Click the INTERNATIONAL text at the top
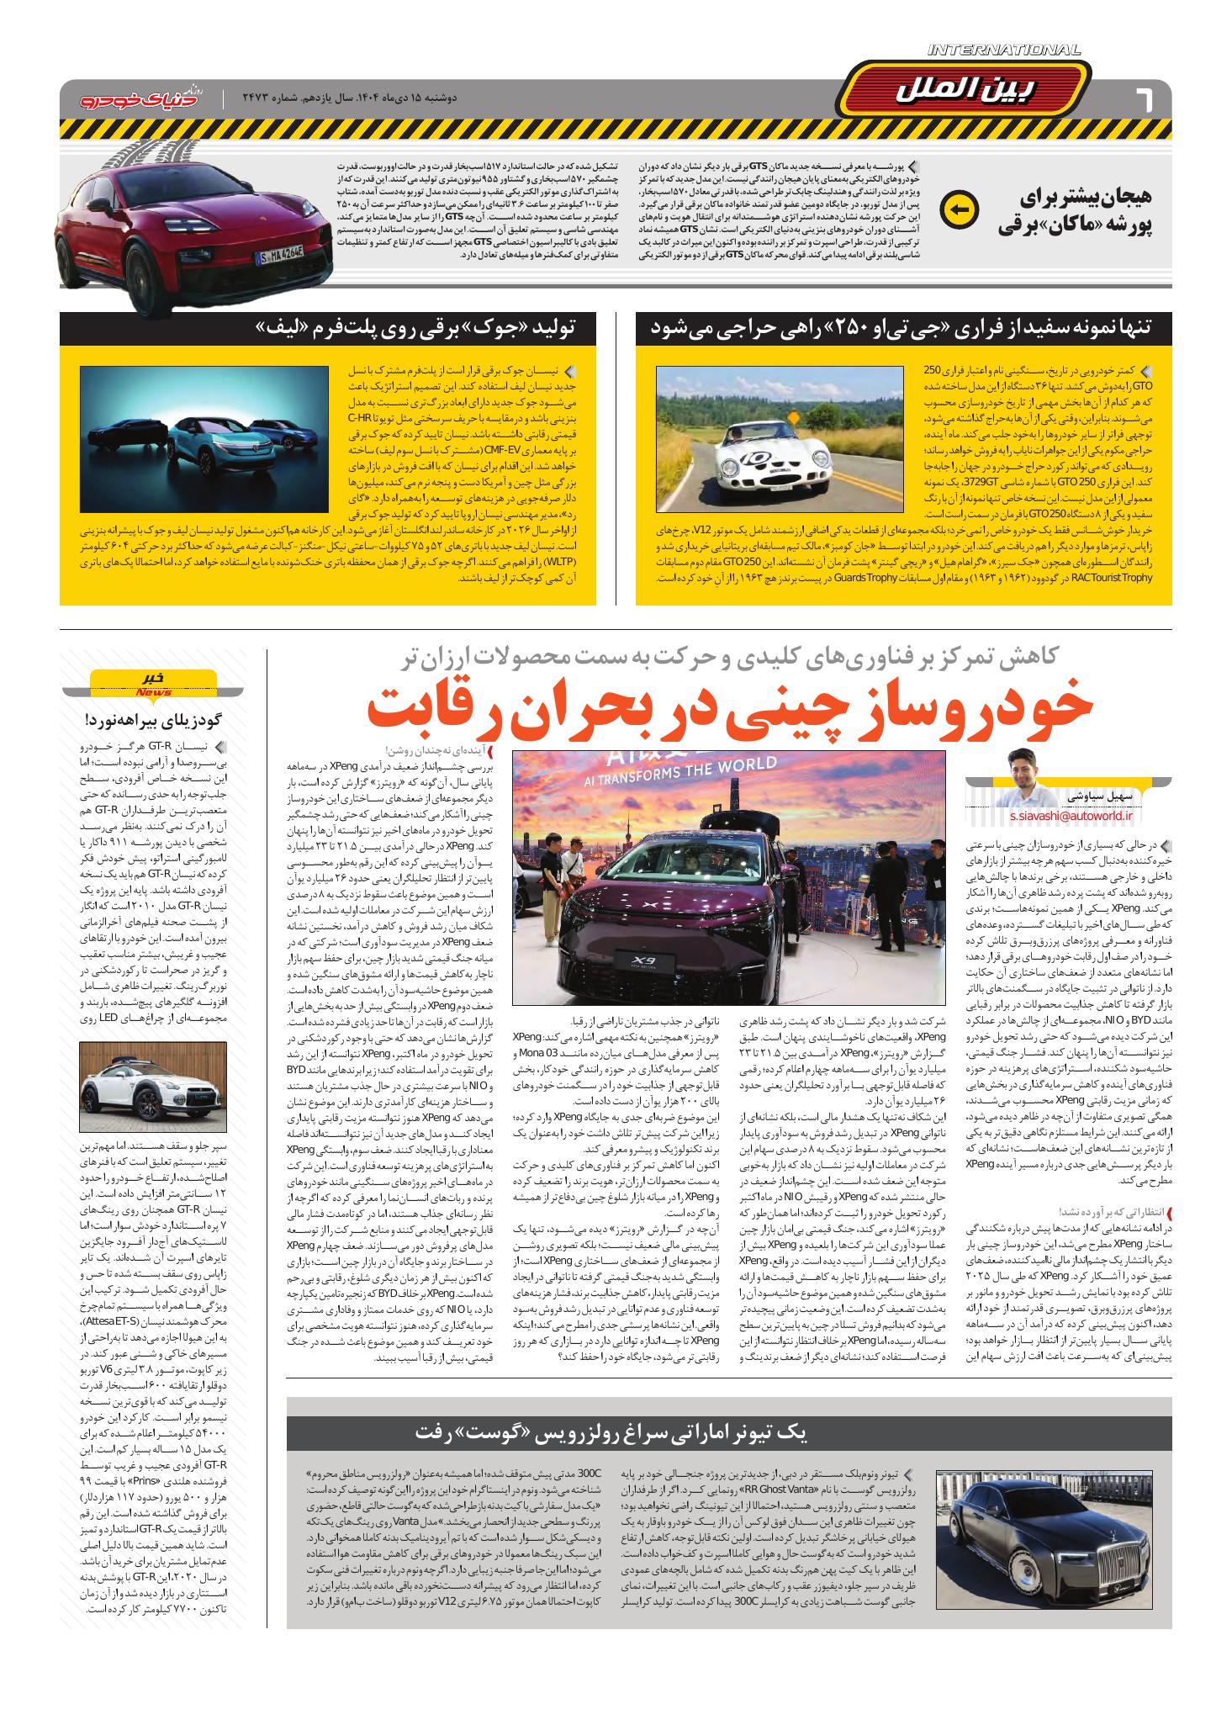pos(1004,50)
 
